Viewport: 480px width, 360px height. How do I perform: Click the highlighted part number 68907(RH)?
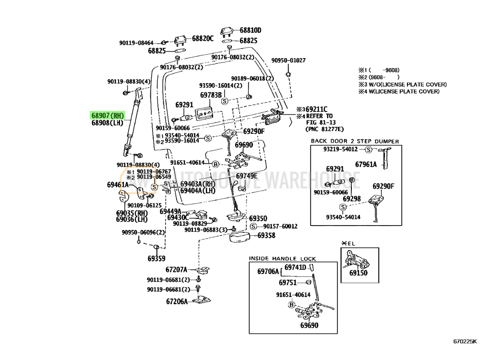(108, 116)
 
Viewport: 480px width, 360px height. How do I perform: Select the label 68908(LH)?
(108, 123)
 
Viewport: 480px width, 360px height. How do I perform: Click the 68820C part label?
(203, 38)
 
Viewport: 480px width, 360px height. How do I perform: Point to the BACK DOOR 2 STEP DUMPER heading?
(355, 141)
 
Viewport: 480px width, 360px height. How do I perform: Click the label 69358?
(266, 236)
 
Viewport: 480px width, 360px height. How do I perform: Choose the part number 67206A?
(177, 302)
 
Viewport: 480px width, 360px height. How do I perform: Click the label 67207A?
(177, 270)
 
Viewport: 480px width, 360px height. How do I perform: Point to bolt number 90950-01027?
(288, 60)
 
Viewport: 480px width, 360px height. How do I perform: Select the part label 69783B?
(211, 95)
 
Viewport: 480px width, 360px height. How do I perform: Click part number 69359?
(156, 258)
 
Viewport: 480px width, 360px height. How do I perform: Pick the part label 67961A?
(366, 164)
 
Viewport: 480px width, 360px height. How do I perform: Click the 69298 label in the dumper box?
(351, 198)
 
